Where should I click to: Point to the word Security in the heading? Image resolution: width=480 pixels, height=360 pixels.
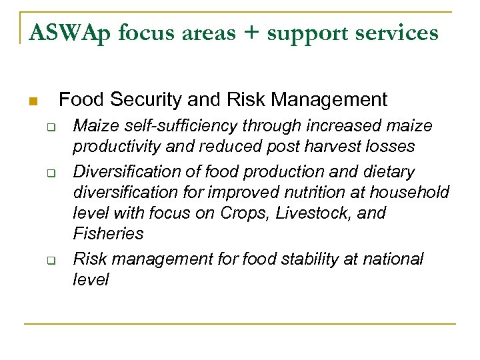point(146,100)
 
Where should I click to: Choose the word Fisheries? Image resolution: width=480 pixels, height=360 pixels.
point(108,233)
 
